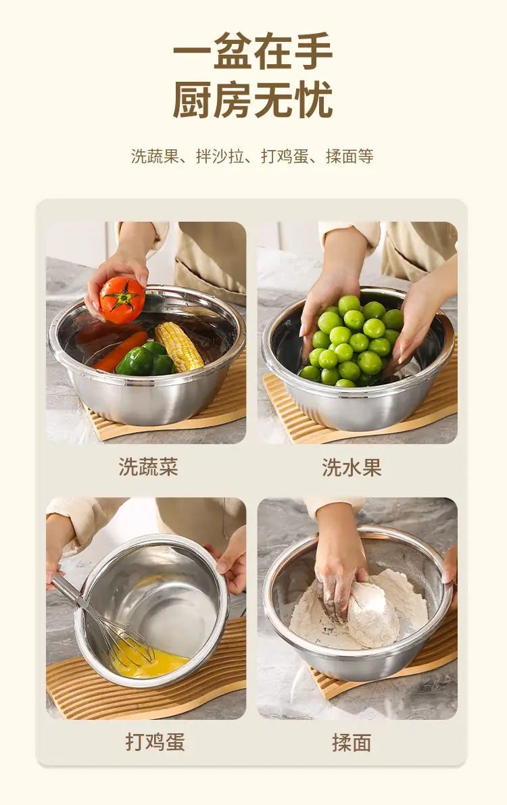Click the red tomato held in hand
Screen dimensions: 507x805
click(122, 300)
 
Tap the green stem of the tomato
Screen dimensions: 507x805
click(121, 296)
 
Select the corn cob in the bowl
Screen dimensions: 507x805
click(178, 346)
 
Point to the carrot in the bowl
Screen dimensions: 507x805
click(120, 351)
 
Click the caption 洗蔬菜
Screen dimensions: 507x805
click(149, 467)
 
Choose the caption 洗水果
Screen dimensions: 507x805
click(352, 467)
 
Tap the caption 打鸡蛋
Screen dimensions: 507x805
click(155, 742)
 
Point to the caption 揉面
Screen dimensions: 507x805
click(352, 742)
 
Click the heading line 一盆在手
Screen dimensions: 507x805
click(253, 51)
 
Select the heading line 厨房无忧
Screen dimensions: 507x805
click(253, 99)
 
